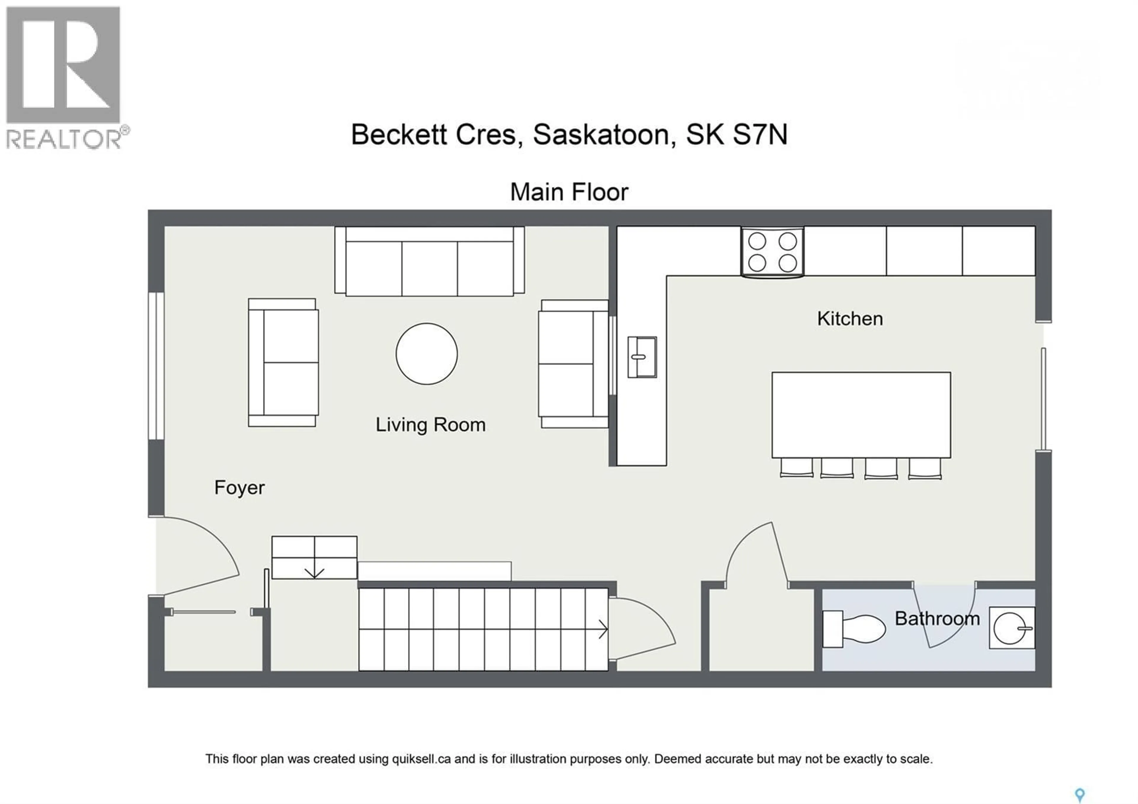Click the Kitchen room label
(x=850, y=319)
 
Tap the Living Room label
(x=430, y=425)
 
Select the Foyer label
(x=239, y=488)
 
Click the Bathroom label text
(x=937, y=619)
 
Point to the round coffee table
(x=426, y=354)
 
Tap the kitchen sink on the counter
(x=642, y=357)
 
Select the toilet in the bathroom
(x=853, y=628)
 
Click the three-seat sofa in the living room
(x=429, y=262)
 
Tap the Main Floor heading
(x=569, y=192)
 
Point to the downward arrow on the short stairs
(x=314, y=573)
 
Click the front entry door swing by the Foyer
(x=198, y=555)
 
